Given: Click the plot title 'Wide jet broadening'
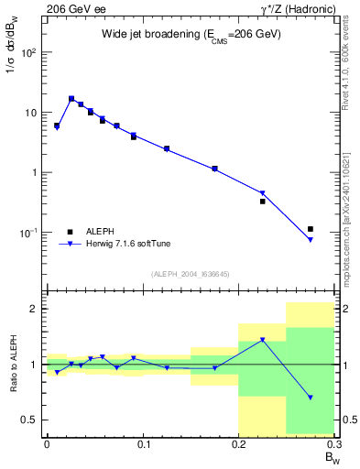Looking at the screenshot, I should pyautogui.click(x=191, y=34).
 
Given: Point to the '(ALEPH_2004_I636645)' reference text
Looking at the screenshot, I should pyautogui.click(x=191, y=273).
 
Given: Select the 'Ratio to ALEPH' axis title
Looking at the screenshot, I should pyautogui.click(x=12, y=364).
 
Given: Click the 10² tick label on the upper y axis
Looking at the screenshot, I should pyautogui.click(x=30, y=52).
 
